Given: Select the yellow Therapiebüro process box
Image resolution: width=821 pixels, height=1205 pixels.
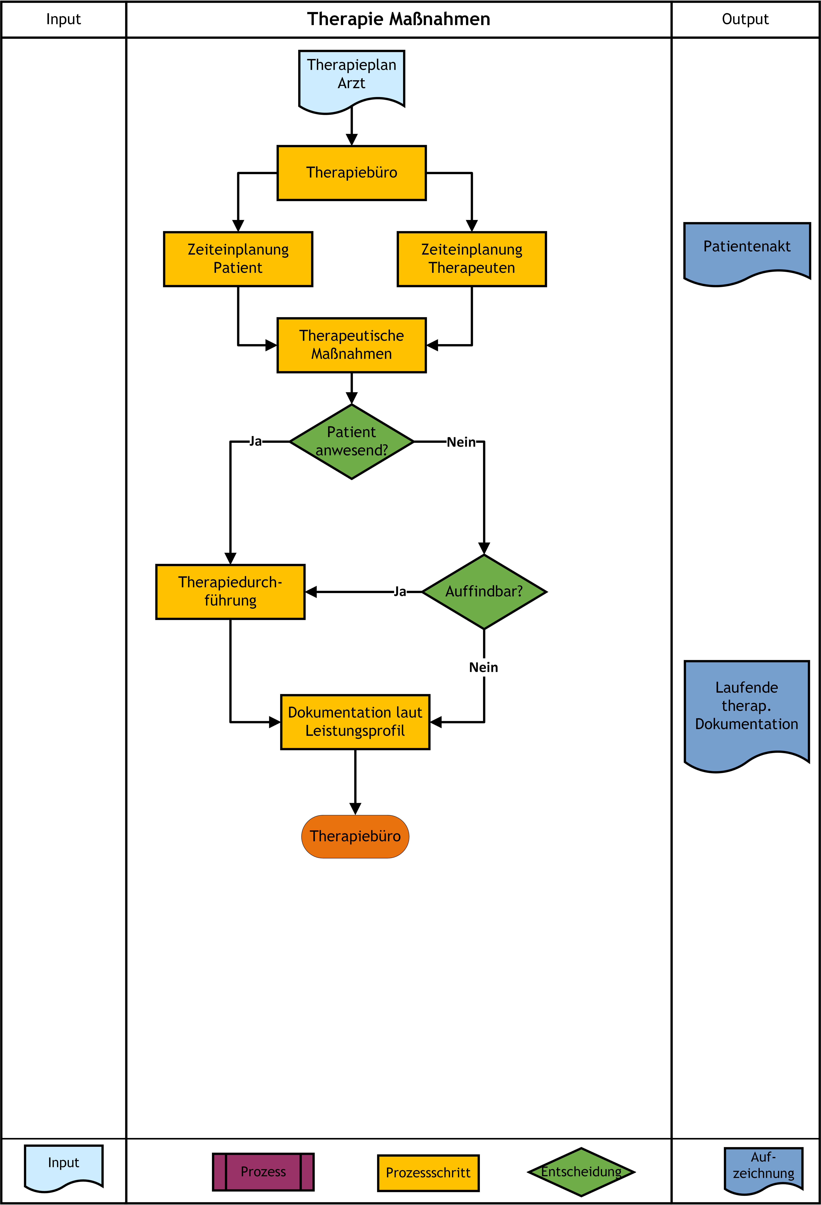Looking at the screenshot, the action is click(x=352, y=173).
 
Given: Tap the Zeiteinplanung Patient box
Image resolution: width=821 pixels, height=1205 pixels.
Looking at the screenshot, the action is click(x=238, y=259).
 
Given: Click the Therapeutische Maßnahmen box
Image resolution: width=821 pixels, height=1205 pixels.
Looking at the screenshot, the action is click(x=352, y=345).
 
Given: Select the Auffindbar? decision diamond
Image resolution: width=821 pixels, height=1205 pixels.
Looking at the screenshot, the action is click(x=484, y=592).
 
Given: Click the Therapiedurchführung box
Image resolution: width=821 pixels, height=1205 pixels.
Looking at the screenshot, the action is click(x=230, y=592).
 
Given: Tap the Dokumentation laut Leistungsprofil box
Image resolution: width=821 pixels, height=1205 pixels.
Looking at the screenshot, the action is click(x=355, y=722).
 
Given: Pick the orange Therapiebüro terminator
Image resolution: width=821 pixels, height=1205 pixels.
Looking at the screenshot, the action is click(x=355, y=836).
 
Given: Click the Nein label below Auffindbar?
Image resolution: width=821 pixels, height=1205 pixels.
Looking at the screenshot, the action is click(x=483, y=667).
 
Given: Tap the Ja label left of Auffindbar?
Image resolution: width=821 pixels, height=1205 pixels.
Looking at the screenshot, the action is click(x=400, y=592).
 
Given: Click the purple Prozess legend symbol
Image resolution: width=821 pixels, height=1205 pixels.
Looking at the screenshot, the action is click(x=263, y=1172).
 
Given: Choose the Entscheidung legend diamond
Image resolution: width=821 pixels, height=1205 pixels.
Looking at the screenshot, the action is click(x=581, y=1172).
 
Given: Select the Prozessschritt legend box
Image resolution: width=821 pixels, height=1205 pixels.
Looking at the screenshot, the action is click(x=428, y=1173).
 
